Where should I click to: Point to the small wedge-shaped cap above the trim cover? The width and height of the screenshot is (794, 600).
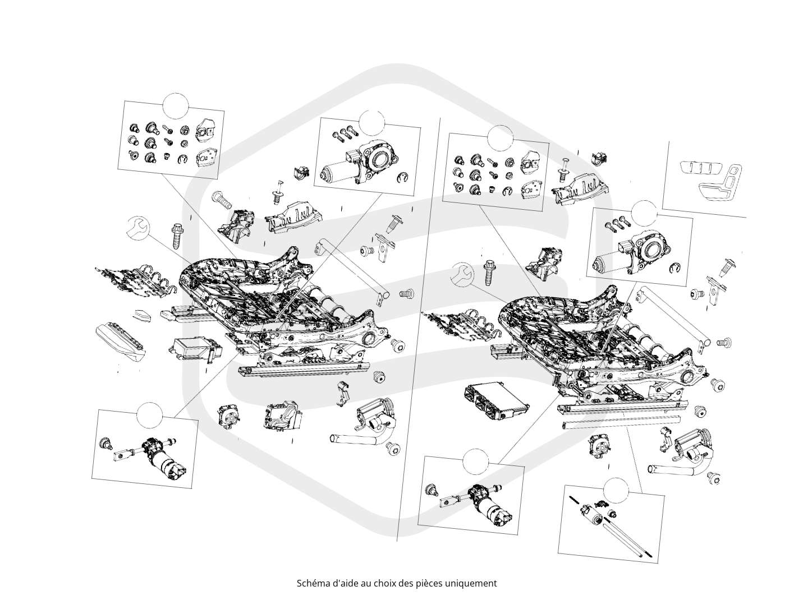pyautogui.click(x=141, y=315)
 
